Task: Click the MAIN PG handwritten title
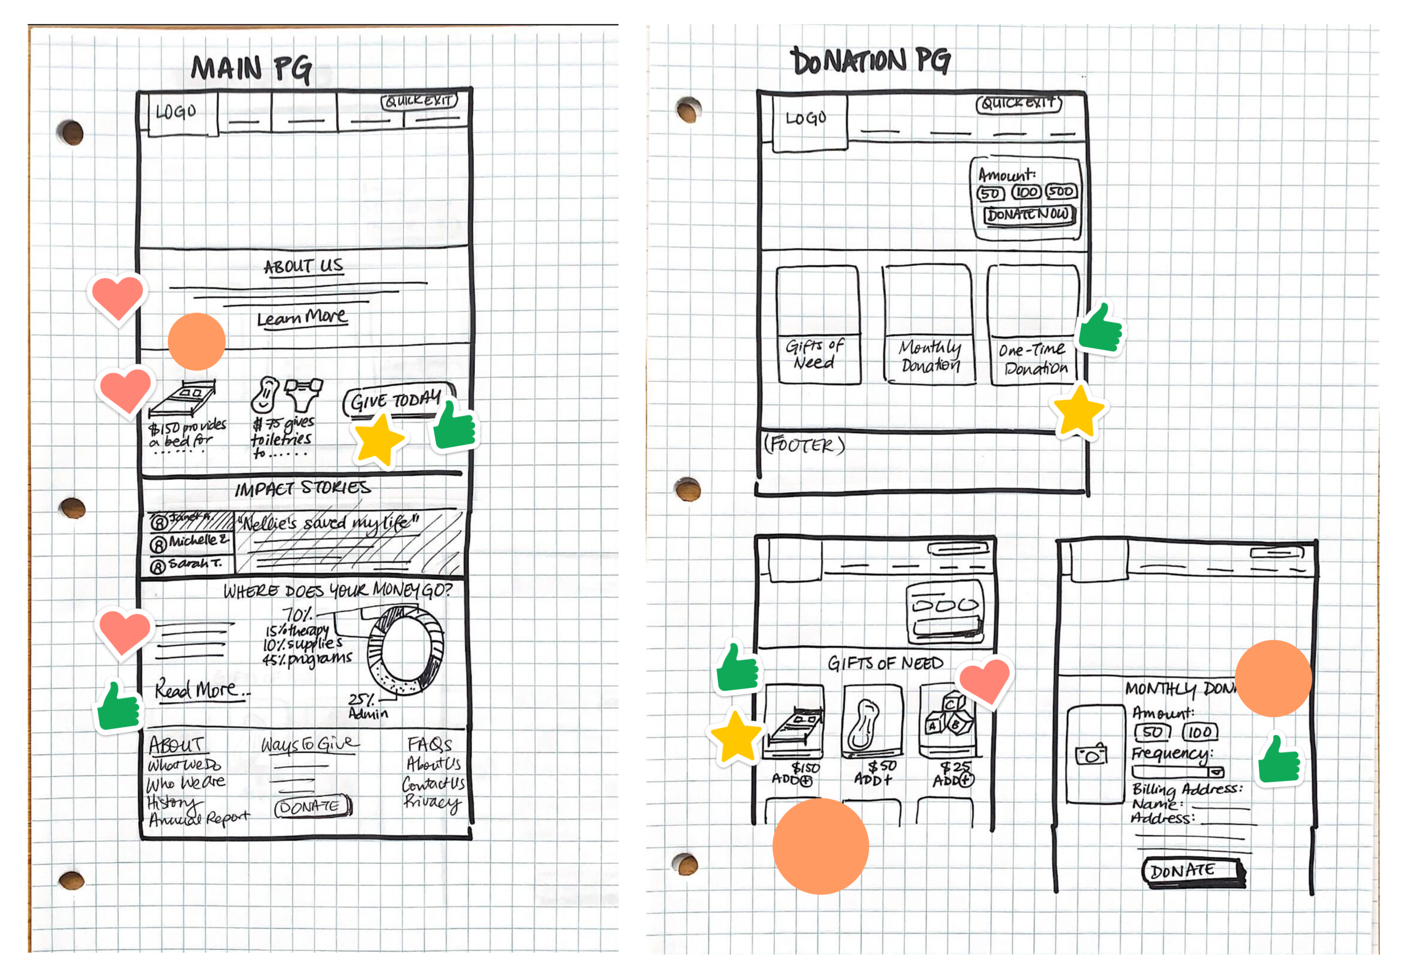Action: [x=251, y=68]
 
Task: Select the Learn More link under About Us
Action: [x=301, y=318]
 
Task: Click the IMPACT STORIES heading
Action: [x=303, y=489]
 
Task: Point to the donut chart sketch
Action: [x=406, y=651]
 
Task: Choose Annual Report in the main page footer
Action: [x=200, y=818]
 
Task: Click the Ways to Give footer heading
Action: [x=309, y=744]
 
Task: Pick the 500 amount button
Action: [x=1061, y=192]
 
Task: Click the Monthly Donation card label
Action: [x=930, y=357]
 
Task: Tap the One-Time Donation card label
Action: [x=1034, y=359]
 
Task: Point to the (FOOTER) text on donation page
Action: [x=804, y=445]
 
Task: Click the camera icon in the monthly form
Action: [x=1092, y=755]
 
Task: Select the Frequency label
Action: [x=1171, y=753]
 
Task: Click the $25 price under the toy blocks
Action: [x=956, y=767]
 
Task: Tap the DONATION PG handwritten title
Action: [x=871, y=61]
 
